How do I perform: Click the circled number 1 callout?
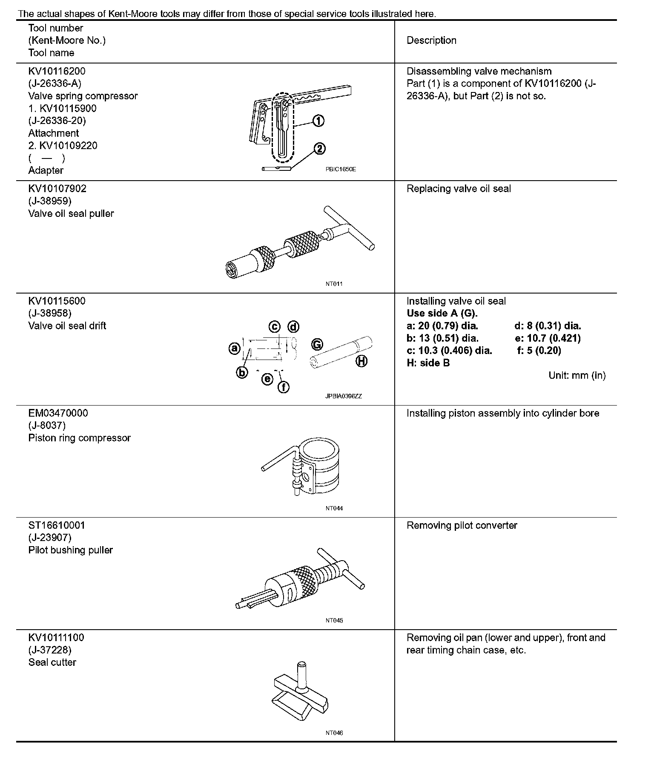click(318, 121)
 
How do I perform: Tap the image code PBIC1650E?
click(341, 169)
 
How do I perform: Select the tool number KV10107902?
click(57, 189)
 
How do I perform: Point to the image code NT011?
click(334, 284)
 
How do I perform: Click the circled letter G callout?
click(317, 344)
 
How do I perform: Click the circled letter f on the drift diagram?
click(284, 387)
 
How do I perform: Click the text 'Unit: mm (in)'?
click(577, 375)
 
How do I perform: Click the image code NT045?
click(334, 620)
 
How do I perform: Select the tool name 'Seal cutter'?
click(52, 662)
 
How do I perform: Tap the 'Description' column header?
click(431, 40)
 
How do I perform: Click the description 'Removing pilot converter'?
click(462, 525)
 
